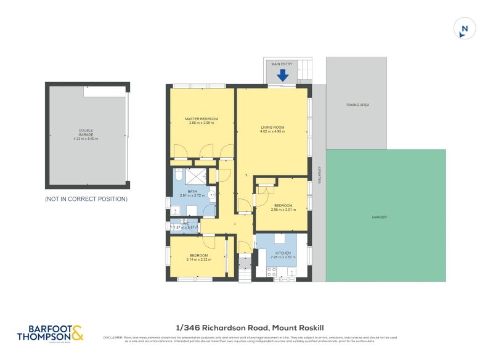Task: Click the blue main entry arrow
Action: pyautogui.click(x=282, y=75)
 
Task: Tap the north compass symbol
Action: pyautogui.click(x=465, y=28)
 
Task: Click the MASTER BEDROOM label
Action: pyautogui.click(x=202, y=119)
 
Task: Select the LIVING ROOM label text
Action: pyautogui.click(x=272, y=128)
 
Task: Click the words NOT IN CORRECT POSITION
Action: pyautogui.click(x=86, y=199)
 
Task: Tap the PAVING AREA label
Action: pyautogui.click(x=357, y=105)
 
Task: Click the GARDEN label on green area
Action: pyautogui.click(x=380, y=217)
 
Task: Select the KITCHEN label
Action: pyautogui.click(x=283, y=253)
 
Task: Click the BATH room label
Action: pyautogui.click(x=192, y=192)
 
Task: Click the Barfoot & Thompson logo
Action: pyautogui.click(x=49, y=333)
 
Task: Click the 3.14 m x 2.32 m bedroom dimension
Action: pyautogui.click(x=198, y=260)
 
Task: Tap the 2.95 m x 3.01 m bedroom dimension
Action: pyautogui.click(x=283, y=210)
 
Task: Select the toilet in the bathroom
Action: pyautogui.click(x=178, y=173)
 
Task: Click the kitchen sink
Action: pyautogui.click(x=291, y=271)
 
